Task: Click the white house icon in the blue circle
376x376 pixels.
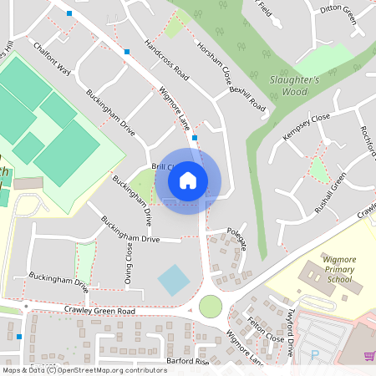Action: (x=188, y=180)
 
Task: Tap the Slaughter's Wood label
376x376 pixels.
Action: (x=294, y=84)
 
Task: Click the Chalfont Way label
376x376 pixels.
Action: (x=53, y=59)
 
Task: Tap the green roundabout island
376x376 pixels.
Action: (x=211, y=306)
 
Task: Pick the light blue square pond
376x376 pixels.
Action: (x=174, y=279)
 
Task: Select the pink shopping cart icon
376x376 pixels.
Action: (x=368, y=356)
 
